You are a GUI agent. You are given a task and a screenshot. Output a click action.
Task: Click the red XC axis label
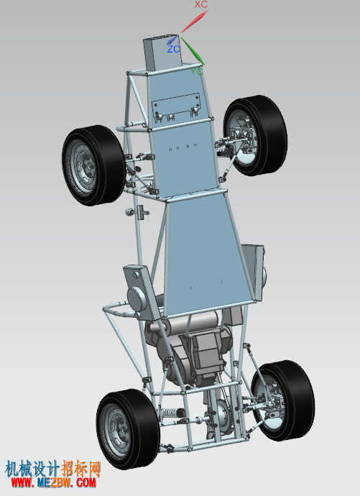(201, 4)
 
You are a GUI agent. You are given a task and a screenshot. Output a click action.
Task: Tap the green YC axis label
(197, 71)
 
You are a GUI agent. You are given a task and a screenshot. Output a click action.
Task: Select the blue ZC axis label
(173, 49)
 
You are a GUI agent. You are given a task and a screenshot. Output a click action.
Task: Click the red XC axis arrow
(195, 22)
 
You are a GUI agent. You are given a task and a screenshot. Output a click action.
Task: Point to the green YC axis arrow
(193, 51)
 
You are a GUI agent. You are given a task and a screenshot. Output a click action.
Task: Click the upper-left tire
(93, 165)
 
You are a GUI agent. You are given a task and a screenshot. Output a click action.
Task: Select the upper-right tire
(255, 135)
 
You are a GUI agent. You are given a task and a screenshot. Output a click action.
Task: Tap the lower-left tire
(128, 429)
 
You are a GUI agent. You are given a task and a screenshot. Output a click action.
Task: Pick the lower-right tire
(283, 400)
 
